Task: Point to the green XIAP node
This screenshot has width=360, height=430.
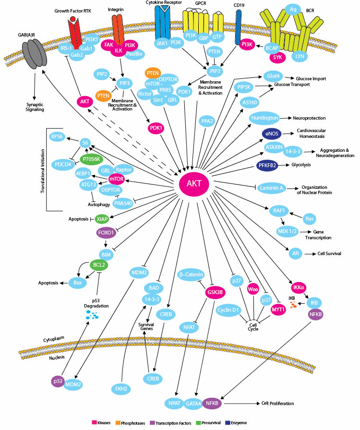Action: coord(102,219)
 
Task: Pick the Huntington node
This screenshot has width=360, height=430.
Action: coord(264,118)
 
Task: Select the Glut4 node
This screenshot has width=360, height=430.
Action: coord(271,75)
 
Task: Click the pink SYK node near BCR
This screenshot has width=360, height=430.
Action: coord(277,57)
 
